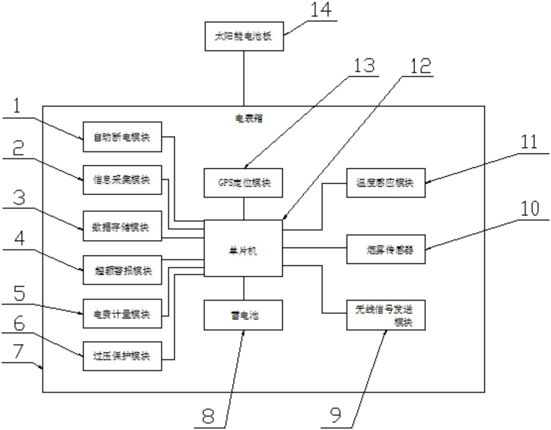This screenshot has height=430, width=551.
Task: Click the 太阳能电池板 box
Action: [x=244, y=36]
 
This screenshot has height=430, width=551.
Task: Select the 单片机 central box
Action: [x=243, y=248]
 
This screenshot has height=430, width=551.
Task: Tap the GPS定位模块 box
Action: [x=243, y=183]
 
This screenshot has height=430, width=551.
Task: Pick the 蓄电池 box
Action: [x=243, y=315]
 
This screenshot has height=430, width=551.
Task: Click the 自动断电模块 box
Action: [x=122, y=137]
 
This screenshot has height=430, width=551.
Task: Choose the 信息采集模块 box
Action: [x=122, y=180]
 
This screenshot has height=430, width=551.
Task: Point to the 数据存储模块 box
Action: [x=122, y=226]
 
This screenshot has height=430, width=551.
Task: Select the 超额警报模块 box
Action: [x=122, y=270]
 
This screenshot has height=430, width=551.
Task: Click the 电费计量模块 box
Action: [x=122, y=313]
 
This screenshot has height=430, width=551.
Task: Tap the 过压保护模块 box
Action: [x=122, y=356]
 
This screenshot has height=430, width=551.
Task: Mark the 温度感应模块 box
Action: [x=386, y=183]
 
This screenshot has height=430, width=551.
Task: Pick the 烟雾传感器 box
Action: [x=386, y=249]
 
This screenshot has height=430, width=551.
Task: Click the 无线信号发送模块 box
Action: [x=386, y=315]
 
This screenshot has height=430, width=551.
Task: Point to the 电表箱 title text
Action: [x=249, y=118]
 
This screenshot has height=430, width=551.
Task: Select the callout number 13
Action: [x=364, y=66]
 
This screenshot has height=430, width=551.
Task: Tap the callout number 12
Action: [x=420, y=66]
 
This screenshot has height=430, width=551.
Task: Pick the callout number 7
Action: [x=18, y=351]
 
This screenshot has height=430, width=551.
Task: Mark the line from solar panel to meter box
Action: [x=244, y=78]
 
